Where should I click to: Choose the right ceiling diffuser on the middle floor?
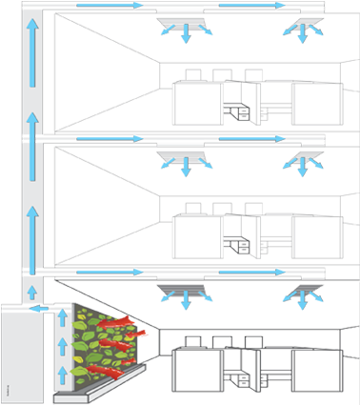point(302,155)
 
